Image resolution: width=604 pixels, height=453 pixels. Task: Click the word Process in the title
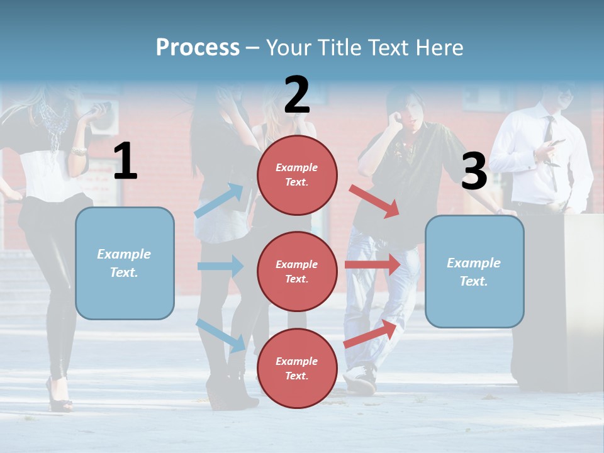[x=198, y=48]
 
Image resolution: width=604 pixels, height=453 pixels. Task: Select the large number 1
[x=125, y=162]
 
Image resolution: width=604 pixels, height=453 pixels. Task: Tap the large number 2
[x=296, y=95]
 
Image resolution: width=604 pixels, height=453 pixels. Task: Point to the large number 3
[x=474, y=171]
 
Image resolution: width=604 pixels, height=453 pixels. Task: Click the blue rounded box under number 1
[x=125, y=263]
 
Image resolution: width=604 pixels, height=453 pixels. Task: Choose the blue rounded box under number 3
[x=474, y=271]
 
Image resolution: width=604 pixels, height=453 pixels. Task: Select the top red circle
[x=297, y=175]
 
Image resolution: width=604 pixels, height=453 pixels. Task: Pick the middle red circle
[x=297, y=271]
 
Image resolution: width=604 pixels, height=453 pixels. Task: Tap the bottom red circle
[x=297, y=368]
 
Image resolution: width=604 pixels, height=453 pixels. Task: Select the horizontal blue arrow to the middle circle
[x=220, y=266]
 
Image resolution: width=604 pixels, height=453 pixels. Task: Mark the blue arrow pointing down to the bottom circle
[x=221, y=335]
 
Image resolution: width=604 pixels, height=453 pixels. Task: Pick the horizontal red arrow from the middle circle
[x=372, y=264]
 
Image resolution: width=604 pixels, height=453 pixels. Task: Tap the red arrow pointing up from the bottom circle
[x=371, y=334]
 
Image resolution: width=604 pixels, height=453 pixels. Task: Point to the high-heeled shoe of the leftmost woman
[x=60, y=396]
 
